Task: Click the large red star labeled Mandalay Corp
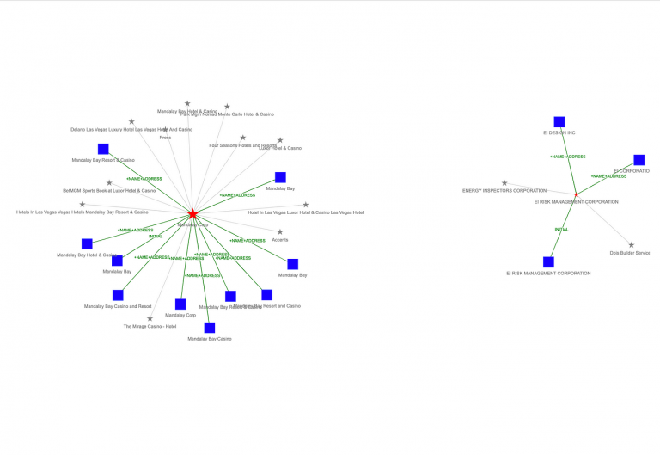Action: pyautogui.click(x=193, y=213)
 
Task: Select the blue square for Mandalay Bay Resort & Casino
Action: pyautogui.click(x=103, y=149)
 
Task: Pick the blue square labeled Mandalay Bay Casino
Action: pyautogui.click(x=210, y=328)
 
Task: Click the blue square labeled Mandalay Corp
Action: pyautogui.click(x=180, y=304)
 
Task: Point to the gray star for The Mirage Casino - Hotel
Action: pyautogui.click(x=150, y=318)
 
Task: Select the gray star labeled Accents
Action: pyautogui.click(x=280, y=231)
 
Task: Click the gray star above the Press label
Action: pyautogui.click(x=165, y=130)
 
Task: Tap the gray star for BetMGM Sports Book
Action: pyautogui.click(x=109, y=182)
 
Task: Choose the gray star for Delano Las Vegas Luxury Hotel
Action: pyautogui.click(x=131, y=121)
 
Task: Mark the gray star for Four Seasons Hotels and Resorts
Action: pyautogui.click(x=243, y=138)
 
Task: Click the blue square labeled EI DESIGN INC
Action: pyautogui.click(x=559, y=122)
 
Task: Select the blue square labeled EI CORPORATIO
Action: pyautogui.click(x=639, y=160)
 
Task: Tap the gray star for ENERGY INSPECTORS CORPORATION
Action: pyautogui.click(x=504, y=182)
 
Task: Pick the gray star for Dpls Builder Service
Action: pyautogui.click(x=631, y=245)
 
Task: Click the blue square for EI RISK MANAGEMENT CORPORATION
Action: pyautogui.click(x=548, y=262)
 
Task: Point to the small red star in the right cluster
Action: pyautogui.click(x=577, y=194)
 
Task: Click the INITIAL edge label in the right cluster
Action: pyautogui.click(x=561, y=230)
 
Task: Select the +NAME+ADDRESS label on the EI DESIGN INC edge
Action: pyautogui.click(x=568, y=157)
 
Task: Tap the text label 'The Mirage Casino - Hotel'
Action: pyautogui.click(x=150, y=327)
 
